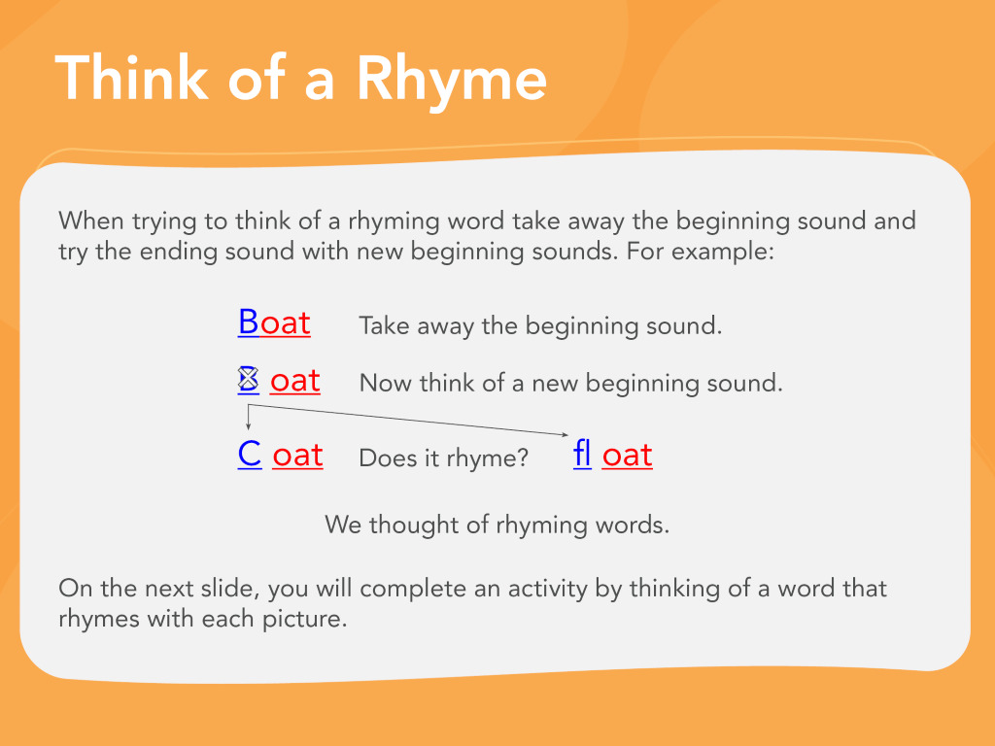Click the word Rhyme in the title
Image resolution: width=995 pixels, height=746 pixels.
(x=451, y=80)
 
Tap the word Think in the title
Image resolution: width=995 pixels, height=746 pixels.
(x=131, y=78)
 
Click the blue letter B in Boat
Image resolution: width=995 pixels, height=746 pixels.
(x=248, y=322)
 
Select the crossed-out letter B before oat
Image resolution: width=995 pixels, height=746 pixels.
(x=248, y=380)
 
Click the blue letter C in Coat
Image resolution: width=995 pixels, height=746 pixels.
(x=250, y=455)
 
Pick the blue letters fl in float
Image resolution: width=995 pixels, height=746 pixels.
(x=582, y=454)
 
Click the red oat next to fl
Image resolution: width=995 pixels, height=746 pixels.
(x=627, y=456)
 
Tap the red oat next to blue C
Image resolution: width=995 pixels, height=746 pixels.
(x=297, y=456)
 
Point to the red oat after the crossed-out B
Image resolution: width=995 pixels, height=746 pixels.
(x=295, y=381)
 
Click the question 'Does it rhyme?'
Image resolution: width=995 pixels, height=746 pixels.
(x=443, y=458)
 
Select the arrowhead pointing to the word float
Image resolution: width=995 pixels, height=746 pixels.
(x=565, y=434)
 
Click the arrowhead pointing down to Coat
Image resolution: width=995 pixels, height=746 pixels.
(x=248, y=426)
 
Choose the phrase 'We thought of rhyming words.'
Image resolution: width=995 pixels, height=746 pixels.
(x=497, y=526)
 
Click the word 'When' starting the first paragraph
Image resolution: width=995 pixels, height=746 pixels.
(x=90, y=220)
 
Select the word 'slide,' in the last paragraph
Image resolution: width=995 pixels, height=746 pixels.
(x=230, y=588)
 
